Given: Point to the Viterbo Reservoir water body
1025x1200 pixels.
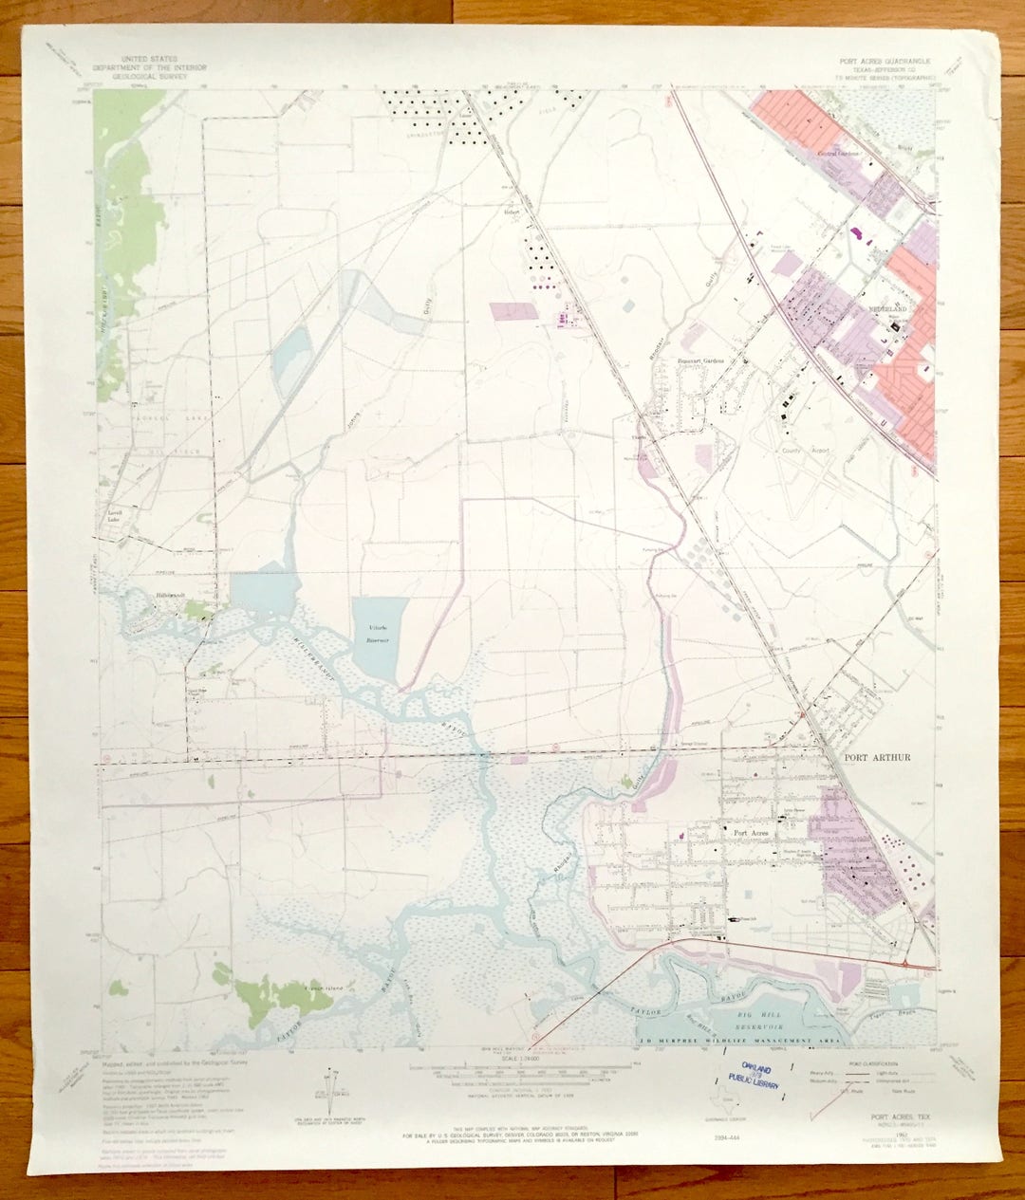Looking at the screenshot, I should (379, 638).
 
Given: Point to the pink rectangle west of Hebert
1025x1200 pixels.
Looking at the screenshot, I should (512, 313).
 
